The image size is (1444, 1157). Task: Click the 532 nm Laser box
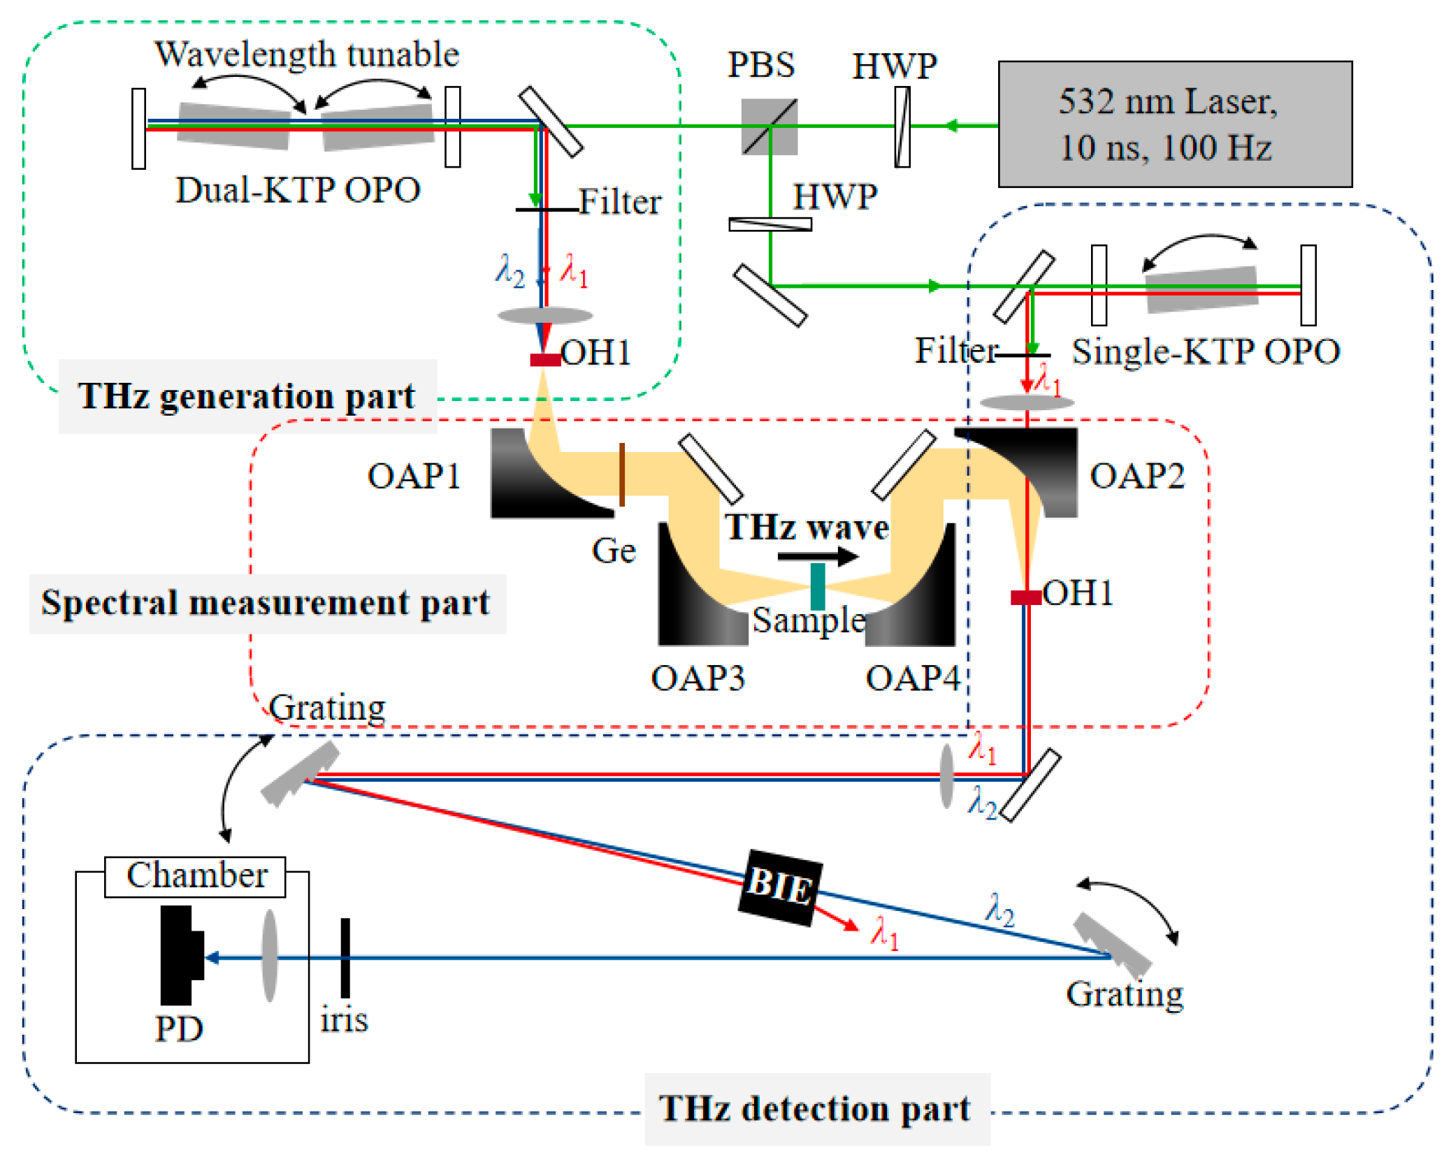tap(1175, 124)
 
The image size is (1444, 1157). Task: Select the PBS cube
tap(770, 126)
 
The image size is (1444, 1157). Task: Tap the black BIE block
tap(780, 887)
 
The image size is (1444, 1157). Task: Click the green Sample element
tap(817, 587)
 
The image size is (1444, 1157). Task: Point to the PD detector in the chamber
tap(181, 955)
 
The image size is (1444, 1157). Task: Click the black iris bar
tap(345, 958)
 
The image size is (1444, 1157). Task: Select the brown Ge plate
tap(622, 474)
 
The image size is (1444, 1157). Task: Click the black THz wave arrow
tap(818, 556)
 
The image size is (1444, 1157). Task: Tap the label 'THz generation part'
tap(247, 396)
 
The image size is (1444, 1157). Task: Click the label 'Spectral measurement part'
tap(266, 603)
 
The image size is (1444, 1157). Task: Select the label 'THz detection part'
tap(815, 1108)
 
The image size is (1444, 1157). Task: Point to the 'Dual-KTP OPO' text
tap(298, 190)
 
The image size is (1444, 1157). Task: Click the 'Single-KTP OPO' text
tap(1206, 351)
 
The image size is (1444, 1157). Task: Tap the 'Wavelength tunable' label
tap(307, 54)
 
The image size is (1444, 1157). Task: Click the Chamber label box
tap(195, 876)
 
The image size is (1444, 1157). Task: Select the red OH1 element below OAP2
tap(1026, 597)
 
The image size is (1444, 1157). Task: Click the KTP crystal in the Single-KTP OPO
tap(1201, 289)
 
